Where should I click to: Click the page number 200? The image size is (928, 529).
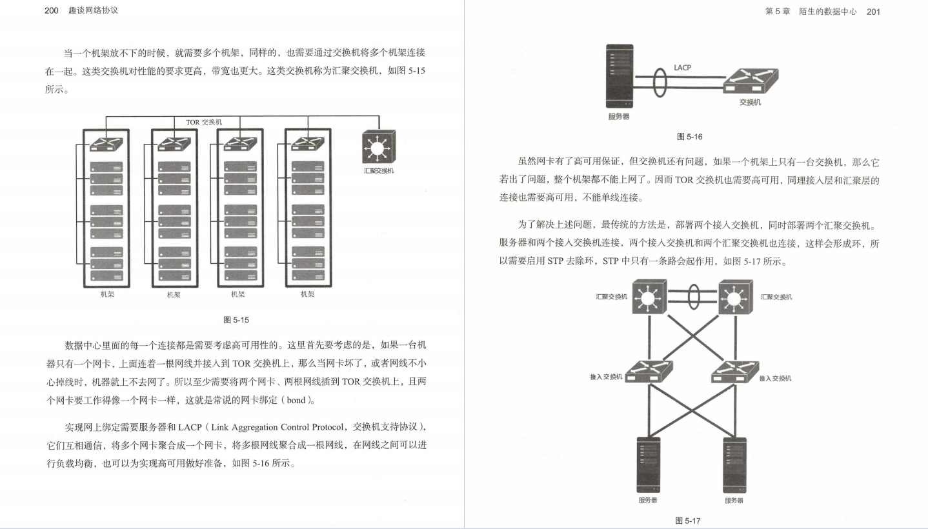tap(52, 11)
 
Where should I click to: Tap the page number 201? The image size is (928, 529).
tap(874, 12)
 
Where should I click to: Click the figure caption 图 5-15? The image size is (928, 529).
tap(236, 319)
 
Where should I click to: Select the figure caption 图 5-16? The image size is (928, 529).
tap(689, 137)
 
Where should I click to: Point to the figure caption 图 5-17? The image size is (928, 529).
tap(687, 521)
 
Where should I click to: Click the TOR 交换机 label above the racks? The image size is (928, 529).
tap(204, 121)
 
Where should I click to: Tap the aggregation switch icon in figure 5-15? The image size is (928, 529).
tap(379, 146)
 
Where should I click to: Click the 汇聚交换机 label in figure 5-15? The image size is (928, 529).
tap(379, 171)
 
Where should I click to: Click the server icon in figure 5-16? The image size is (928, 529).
tap(620, 76)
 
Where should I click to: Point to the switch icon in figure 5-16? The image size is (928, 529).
tap(751, 83)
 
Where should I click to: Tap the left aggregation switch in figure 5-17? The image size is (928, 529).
tap(647, 297)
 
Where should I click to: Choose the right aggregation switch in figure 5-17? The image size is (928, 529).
tap(735, 297)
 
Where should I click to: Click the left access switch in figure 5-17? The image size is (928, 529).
tap(648, 372)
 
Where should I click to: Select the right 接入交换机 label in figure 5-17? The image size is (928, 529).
tap(775, 378)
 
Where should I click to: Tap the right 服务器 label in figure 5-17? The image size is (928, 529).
tap(734, 501)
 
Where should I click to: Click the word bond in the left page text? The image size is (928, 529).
tap(296, 401)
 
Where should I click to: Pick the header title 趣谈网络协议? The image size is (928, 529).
tap(94, 11)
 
